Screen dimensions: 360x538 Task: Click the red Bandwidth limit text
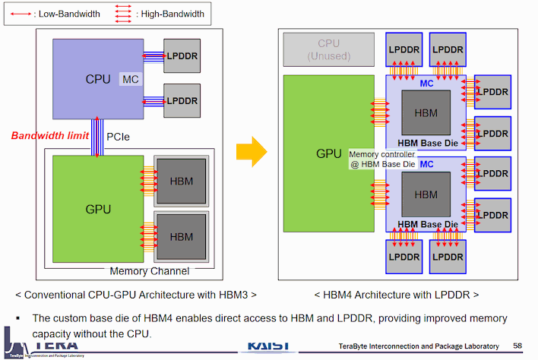[x=50, y=136]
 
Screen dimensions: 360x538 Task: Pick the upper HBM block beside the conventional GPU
[x=182, y=181]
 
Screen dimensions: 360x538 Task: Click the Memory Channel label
[x=150, y=271]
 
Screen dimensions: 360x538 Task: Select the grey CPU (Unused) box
[x=328, y=49]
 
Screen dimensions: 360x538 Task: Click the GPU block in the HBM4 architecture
[x=328, y=153]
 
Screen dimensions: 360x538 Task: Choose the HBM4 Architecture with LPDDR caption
[x=396, y=294]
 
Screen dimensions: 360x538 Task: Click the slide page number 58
[x=517, y=346]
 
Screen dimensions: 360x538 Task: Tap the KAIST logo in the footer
[x=267, y=346]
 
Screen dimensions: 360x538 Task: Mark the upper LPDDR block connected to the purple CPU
[x=182, y=56]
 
